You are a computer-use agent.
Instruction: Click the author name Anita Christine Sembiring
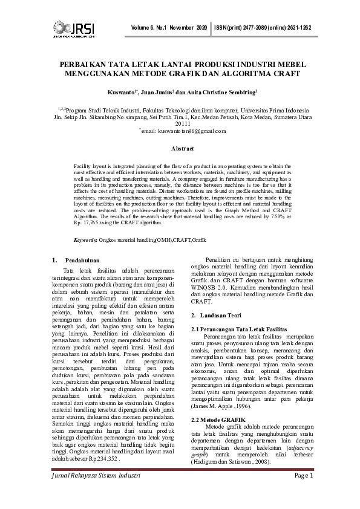(x=224, y=92)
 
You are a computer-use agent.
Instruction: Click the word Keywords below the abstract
(x=85, y=240)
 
